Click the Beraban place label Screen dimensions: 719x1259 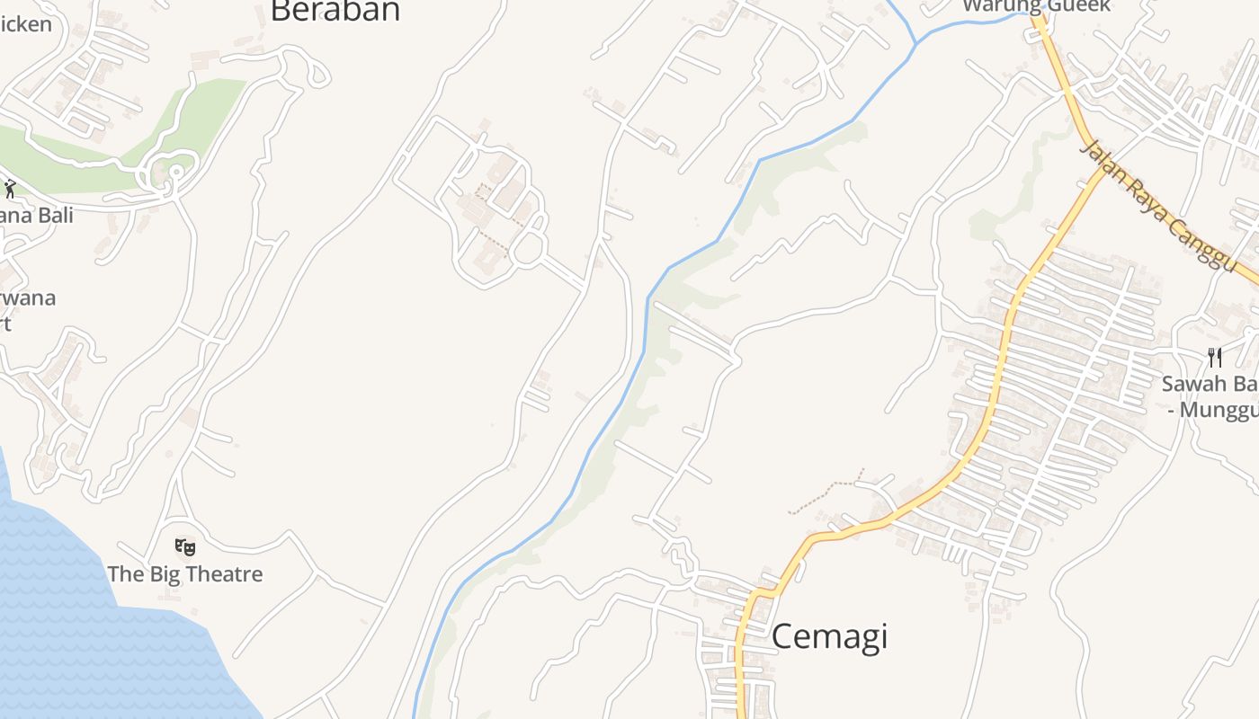335,11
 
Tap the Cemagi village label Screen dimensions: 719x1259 829,636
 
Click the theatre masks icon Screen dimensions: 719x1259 185,546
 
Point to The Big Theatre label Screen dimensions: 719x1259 185,574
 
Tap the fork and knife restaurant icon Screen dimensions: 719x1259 1215,358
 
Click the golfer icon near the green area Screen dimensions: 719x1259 10,189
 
